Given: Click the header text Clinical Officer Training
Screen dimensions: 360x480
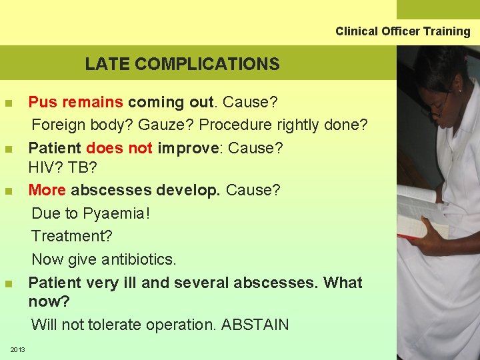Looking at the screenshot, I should (403, 31).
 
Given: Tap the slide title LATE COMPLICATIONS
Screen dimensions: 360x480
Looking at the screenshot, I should (182, 64).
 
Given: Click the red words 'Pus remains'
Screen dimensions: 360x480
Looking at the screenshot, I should (75, 102).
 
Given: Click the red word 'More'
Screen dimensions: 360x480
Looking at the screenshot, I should (47, 190).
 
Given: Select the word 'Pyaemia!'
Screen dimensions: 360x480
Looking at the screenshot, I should (119, 213).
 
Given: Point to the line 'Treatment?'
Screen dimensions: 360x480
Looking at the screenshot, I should (72, 236).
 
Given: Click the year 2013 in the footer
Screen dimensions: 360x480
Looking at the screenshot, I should (17, 350).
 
